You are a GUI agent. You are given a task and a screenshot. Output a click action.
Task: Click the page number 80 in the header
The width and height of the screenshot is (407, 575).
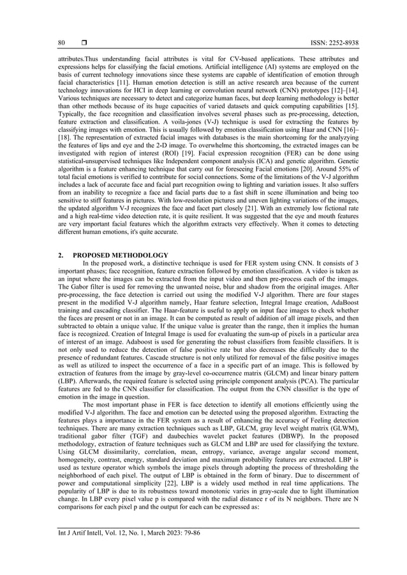click(61, 42)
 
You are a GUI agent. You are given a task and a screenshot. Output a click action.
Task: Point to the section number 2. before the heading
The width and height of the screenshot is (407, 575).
click(61, 255)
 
